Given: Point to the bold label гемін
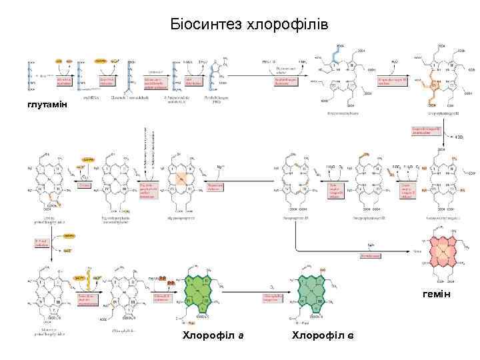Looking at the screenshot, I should point(437,294).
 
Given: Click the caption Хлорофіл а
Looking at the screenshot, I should point(213,334).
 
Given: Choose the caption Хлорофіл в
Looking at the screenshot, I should point(323,334).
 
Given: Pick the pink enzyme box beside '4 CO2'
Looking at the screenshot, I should point(425,130).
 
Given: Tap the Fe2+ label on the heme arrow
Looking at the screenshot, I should point(371,245).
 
